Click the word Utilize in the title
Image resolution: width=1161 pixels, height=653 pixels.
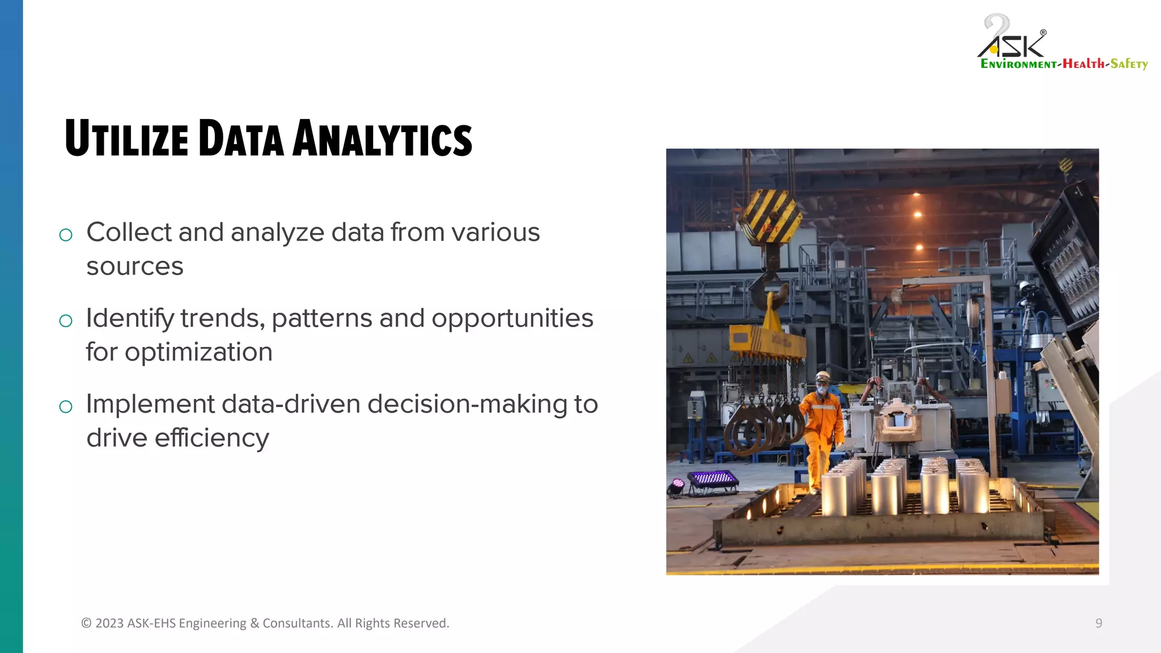(x=126, y=138)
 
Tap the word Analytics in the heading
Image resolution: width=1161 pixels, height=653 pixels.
(x=382, y=138)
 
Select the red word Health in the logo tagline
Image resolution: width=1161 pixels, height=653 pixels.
(x=1083, y=63)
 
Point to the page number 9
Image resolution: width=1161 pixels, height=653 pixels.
(x=1099, y=623)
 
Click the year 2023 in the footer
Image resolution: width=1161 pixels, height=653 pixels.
(x=109, y=623)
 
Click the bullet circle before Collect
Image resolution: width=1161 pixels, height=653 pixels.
(x=66, y=235)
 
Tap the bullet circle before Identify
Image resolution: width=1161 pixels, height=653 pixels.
(x=66, y=321)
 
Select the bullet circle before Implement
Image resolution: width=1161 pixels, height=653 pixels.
(x=66, y=406)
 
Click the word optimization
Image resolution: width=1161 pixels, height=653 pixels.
(x=198, y=353)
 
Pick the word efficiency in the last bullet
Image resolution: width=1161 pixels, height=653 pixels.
(x=211, y=438)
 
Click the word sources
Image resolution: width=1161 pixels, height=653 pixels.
(x=135, y=266)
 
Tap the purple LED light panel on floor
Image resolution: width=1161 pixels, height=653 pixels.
(x=713, y=479)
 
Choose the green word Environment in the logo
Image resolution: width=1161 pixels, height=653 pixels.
(x=1018, y=63)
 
